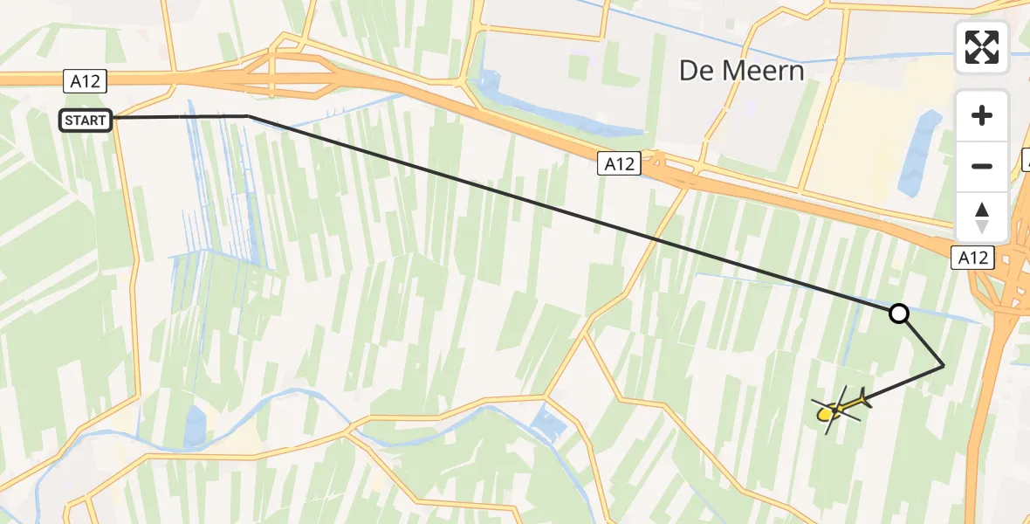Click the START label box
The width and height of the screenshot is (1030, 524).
[x=86, y=121]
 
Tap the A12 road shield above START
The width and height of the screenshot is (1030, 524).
[x=85, y=82]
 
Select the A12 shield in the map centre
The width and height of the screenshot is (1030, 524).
[x=619, y=163]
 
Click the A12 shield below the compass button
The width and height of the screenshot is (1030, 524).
[x=972, y=258]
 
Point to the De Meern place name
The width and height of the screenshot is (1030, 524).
[x=742, y=71]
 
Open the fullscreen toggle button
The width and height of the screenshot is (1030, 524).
[x=982, y=47]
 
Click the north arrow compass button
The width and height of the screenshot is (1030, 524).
[x=982, y=217]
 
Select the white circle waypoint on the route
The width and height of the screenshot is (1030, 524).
[x=898, y=314]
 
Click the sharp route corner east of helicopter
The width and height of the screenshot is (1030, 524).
[x=944, y=366]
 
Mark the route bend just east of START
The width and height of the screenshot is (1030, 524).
[x=248, y=115]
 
